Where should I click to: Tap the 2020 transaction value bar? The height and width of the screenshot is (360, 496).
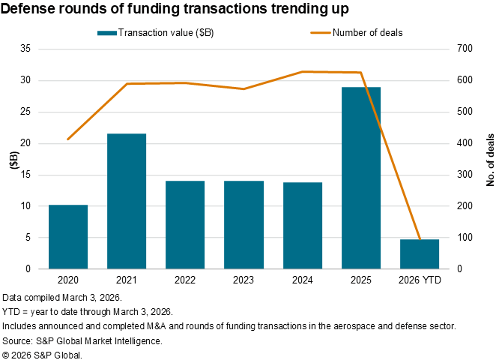tap(68, 236)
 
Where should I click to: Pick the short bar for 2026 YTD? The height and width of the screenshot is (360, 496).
tap(419, 253)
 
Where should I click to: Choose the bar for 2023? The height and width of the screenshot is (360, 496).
tap(244, 224)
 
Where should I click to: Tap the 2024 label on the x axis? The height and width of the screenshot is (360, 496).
tap(302, 279)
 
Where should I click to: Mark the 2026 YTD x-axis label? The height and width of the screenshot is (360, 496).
tap(419, 279)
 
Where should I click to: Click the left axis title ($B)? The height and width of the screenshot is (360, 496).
tap(13, 159)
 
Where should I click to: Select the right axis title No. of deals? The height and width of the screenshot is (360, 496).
tap(489, 159)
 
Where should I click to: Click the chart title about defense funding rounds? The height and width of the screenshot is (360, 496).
tap(175, 10)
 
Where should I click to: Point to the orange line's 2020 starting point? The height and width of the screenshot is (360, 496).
tap(68, 139)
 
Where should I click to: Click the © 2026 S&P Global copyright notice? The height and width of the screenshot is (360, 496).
tap(43, 354)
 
